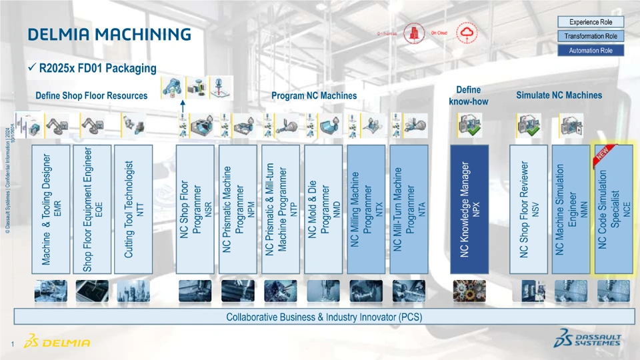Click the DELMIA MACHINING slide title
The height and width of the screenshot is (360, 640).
[x=109, y=34]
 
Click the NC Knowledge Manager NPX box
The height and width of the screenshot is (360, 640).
[x=469, y=209]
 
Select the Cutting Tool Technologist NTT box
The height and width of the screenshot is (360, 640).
[x=133, y=209]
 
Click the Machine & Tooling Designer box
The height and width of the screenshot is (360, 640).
[x=51, y=209]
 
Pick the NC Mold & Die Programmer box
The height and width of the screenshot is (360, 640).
[x=323, y=209]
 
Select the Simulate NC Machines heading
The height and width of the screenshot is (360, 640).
[x=559, y=95]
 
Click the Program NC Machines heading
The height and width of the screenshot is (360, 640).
[x=313, y=96]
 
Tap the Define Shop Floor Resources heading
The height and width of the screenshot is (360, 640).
[x=91, y=96]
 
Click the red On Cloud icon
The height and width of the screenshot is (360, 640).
[x=465, y=33]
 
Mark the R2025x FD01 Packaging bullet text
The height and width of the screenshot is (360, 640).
[x=97, y=68]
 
